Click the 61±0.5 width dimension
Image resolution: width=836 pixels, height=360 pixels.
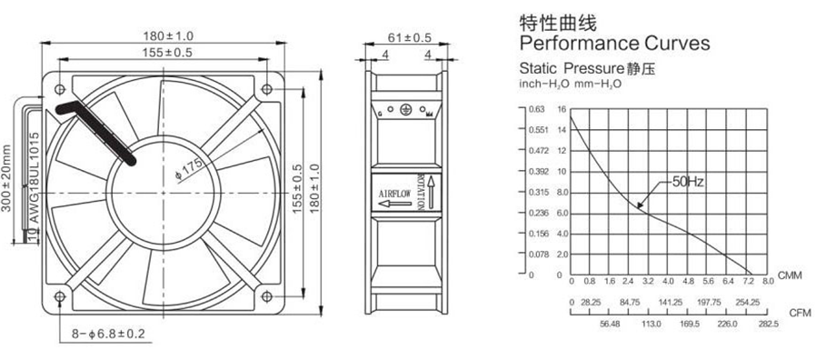(409, 38)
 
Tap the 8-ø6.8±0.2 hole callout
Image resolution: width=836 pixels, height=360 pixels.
(108, 335)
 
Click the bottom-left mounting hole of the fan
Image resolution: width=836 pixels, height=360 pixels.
(60, 296)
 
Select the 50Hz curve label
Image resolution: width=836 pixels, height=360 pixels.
(688, 182)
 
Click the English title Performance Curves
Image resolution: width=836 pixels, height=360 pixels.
(615, 44)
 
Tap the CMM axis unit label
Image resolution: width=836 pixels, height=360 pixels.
(790, 275)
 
